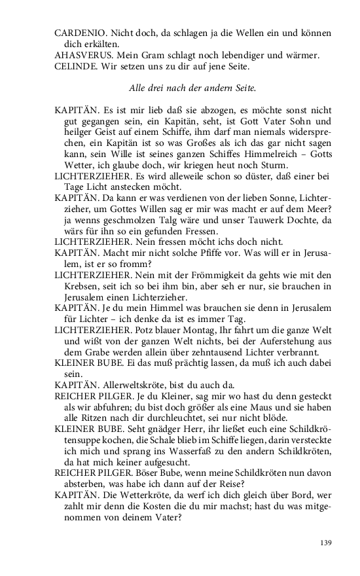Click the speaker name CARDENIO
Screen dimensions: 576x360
click(77, 33)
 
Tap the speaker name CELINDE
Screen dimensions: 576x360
click(74, 67)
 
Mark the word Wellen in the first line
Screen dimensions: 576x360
click(246, 33)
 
